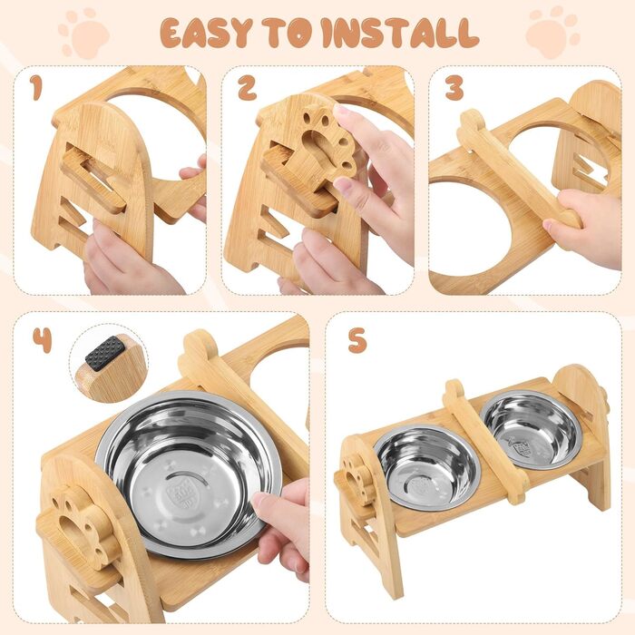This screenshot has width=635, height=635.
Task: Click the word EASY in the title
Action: (x=206, y=32)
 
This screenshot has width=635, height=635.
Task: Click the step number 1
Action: (x=36, y=88)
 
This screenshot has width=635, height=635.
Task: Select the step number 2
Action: (x=247, y=88)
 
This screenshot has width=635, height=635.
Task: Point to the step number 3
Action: (x=454, y=88)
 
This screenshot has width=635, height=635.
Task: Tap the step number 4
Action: (x=42, y=340)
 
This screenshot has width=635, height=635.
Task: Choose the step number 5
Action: (x=357, y=340)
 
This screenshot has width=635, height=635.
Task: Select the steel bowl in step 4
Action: (x=189, y=474)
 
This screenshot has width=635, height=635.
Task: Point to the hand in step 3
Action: (x=582, y=227)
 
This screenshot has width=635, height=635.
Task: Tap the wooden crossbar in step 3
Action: (x=519, y=168)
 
